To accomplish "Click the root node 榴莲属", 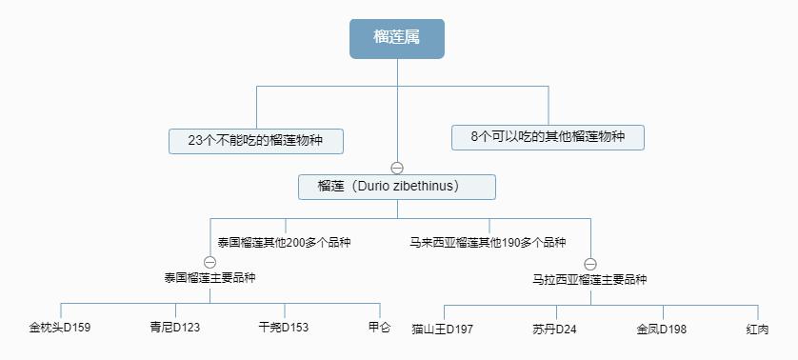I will point(397,38).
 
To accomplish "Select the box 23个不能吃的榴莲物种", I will point(255,141).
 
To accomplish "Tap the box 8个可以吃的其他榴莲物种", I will point(548,137).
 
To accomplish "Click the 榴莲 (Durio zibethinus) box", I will point(397,187).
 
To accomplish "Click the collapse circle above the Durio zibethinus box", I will point(397,168).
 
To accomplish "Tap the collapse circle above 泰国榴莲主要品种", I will point(209,262).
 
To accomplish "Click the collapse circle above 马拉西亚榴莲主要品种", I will point(589,264).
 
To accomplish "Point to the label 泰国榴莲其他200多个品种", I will point(284,243).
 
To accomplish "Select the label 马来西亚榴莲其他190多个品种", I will point(488,243).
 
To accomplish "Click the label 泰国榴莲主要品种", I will point(209,278).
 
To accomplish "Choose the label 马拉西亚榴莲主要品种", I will point(589,280).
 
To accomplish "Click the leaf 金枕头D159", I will point(60,329).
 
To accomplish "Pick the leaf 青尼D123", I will point(174,329).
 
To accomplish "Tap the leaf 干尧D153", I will point(284,329).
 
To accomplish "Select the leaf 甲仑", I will point(379,329).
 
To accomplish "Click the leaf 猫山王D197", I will point(443,330).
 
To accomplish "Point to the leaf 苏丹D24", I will point(555,330).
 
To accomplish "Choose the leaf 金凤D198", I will point(662,330).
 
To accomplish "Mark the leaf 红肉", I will point(758,330).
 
